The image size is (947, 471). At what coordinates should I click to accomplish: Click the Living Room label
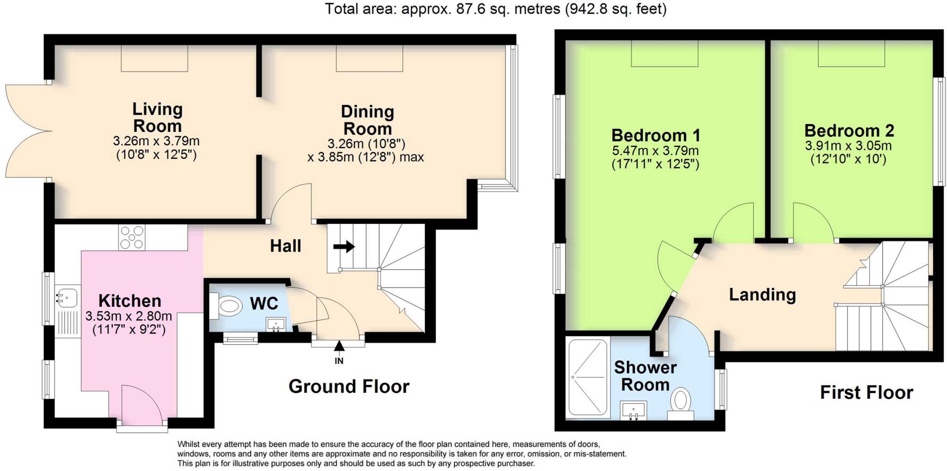click(157, 118)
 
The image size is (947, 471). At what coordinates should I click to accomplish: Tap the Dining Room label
click(368, 120)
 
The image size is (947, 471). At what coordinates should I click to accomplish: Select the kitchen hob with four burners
click(132, 237)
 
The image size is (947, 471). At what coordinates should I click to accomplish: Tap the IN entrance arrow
click(339, 346)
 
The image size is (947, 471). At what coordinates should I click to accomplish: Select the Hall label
click(285, 246)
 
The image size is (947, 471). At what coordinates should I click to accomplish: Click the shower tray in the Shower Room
click(587, 378)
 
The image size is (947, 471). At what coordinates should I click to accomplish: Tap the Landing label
click(762, 295)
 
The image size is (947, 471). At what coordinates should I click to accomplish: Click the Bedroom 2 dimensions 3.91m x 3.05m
click(849, 146)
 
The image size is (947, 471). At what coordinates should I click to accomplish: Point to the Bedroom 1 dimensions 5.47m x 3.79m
click(655, 151)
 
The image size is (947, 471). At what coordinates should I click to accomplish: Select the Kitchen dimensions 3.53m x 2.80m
click(129, 316)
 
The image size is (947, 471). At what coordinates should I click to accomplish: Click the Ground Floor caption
click(349, 386)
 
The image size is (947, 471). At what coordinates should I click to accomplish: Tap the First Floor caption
click(867, 392)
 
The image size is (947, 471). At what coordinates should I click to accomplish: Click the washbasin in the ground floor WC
click(276, 324)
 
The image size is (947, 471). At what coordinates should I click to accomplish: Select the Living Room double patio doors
click(28, 131)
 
